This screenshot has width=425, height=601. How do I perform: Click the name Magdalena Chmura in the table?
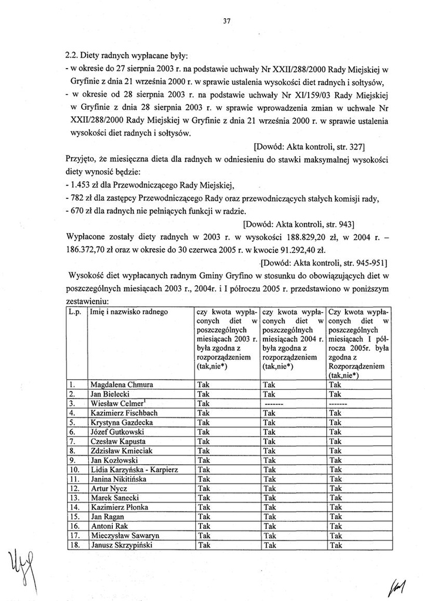coord(121,385)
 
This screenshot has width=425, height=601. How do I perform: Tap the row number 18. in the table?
coord(75,545)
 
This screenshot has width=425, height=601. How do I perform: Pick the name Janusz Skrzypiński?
coord(121,545)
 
